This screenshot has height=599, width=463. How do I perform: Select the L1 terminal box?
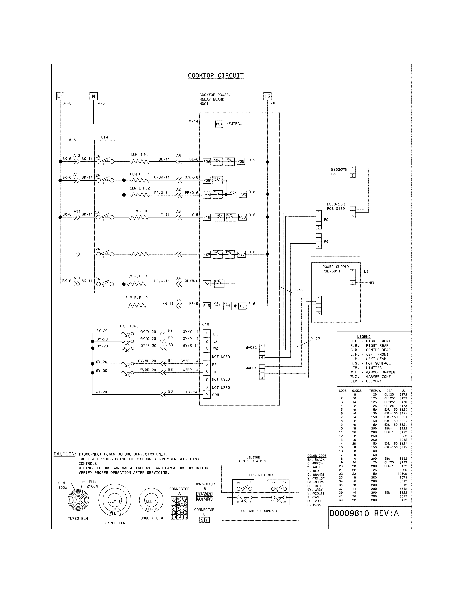tap(60, 96)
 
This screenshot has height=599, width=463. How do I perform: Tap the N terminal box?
tap(94, 96)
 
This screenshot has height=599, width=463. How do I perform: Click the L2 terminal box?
tap(267, 96)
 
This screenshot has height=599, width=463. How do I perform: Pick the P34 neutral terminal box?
tap(219, 124)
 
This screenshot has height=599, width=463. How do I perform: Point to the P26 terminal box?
tap(207, 162)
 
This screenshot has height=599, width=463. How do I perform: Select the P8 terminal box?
tap(242, 306)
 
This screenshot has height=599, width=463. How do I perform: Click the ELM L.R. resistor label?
tap(140, 211)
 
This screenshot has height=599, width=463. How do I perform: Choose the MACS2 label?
tap(251, 348)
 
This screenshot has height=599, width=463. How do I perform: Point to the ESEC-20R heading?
tap(336, 204)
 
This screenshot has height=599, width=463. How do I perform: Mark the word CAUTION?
tap(64, 454)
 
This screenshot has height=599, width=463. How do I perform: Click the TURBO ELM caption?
tap(78, 518)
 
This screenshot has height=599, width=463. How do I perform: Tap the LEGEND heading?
tap(364, 337)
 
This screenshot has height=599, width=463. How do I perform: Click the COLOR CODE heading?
tap(316, 456)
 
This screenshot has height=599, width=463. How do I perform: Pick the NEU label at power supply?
tap(372, 283)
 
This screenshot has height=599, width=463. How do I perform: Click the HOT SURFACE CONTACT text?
tap(259, 511)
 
